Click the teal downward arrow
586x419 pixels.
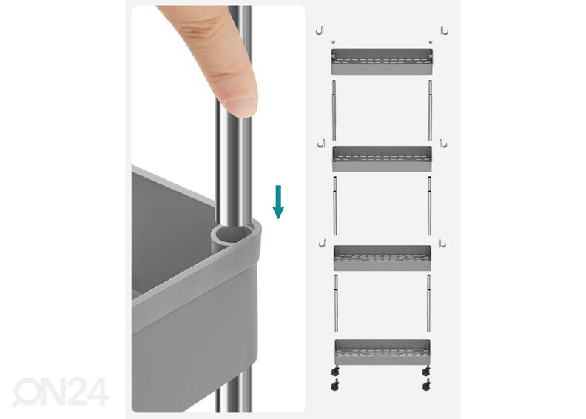pos(278,201)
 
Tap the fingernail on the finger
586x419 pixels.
pos(241,105)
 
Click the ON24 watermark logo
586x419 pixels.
pos(61,392)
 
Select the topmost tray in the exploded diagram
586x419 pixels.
pos(382,61)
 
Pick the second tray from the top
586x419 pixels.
pos(382,159)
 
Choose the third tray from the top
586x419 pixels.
pos(382,258)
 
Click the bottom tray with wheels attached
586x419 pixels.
pos(383,352)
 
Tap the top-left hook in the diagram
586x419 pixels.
pos(320,30)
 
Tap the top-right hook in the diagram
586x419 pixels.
pos(445,30)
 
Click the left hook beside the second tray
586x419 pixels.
pos(321,144)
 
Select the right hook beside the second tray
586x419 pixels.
pos(443,144)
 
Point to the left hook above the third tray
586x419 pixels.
pos(323,243)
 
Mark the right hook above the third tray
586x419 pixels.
pos(442,244)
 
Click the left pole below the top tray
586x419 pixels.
pos(334,110)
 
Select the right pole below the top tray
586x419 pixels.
pos(430,110)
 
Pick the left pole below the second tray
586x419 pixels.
pos(335,206)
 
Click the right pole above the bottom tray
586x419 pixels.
pos(428,303)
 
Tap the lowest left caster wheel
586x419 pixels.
pos(335,386)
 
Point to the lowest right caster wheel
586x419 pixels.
pos(426,386)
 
